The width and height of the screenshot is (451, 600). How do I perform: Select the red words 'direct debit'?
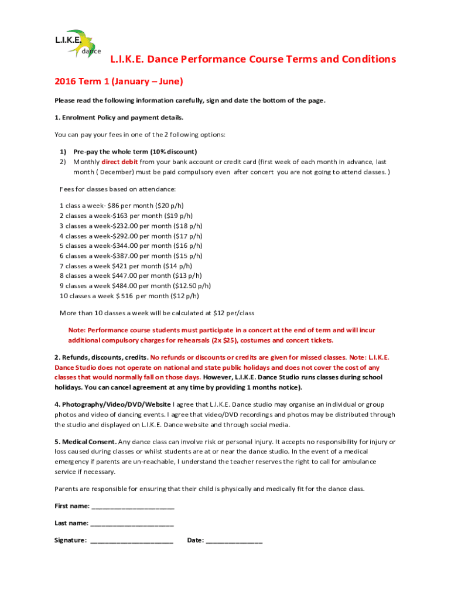point(120,161)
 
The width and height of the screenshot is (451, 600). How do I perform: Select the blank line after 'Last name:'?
point(132,523)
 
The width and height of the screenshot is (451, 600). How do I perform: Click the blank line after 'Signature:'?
point(132,540)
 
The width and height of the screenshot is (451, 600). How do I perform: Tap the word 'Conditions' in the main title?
point(366,59)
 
